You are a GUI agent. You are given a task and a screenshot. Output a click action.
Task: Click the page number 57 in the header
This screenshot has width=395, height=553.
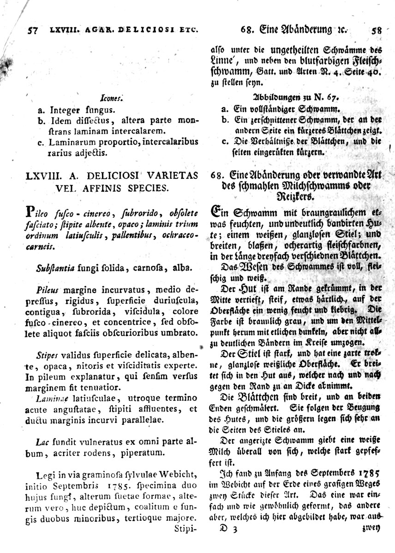[x=32, y=31]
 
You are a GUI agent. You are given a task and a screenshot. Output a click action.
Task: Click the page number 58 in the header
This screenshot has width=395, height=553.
[x=377, y=31]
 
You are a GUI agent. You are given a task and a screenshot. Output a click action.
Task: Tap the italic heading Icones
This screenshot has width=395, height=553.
[x=110, y=98]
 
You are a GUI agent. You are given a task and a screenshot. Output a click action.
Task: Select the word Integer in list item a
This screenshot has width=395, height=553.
[x=64, y=110]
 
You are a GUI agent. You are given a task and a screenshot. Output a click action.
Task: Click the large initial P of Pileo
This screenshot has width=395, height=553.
[x=31, y=213]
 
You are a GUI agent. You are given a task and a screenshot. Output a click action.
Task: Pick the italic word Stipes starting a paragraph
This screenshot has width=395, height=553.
[x=45, y=355]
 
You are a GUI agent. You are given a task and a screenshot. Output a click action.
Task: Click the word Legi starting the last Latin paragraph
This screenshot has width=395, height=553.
[x=44, y=475]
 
